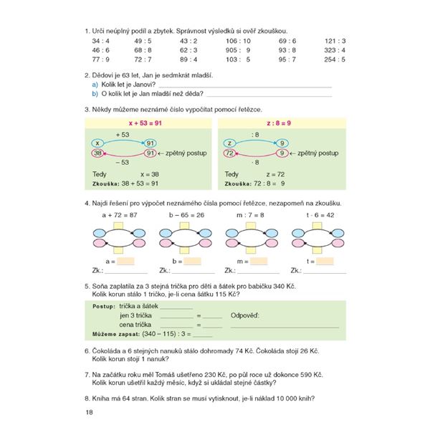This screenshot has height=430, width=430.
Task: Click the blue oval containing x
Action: (99, 143)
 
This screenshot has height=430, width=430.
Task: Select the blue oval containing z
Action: (230, 143)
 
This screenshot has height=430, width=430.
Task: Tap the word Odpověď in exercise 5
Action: (244, 315)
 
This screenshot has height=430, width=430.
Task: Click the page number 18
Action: (89, 412)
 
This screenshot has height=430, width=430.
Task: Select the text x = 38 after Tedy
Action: (151, 174)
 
